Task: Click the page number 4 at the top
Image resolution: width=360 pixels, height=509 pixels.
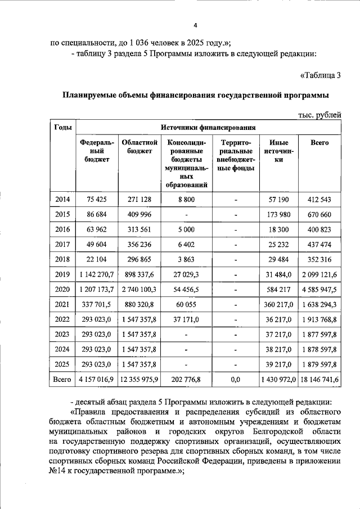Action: click(x=195, y=26)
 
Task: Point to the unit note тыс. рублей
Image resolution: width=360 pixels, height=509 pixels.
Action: click(x=319, y=115)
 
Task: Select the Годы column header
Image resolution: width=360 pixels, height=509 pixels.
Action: click(x=62, y=128)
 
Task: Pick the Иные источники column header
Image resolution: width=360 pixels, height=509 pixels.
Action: click(x=278, y=151)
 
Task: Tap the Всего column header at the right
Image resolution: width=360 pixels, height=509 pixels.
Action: click(x=319, y=143)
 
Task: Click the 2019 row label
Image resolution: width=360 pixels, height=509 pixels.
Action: click(x=62, y=273)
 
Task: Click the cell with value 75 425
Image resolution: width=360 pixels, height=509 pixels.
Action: click(x=97, y=200)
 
